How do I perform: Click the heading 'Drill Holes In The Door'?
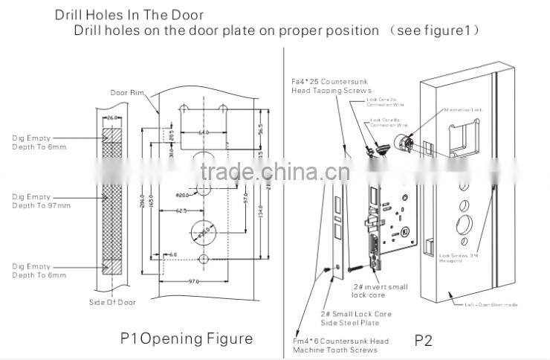coord(129,15)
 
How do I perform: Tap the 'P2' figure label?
coord(422,342)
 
